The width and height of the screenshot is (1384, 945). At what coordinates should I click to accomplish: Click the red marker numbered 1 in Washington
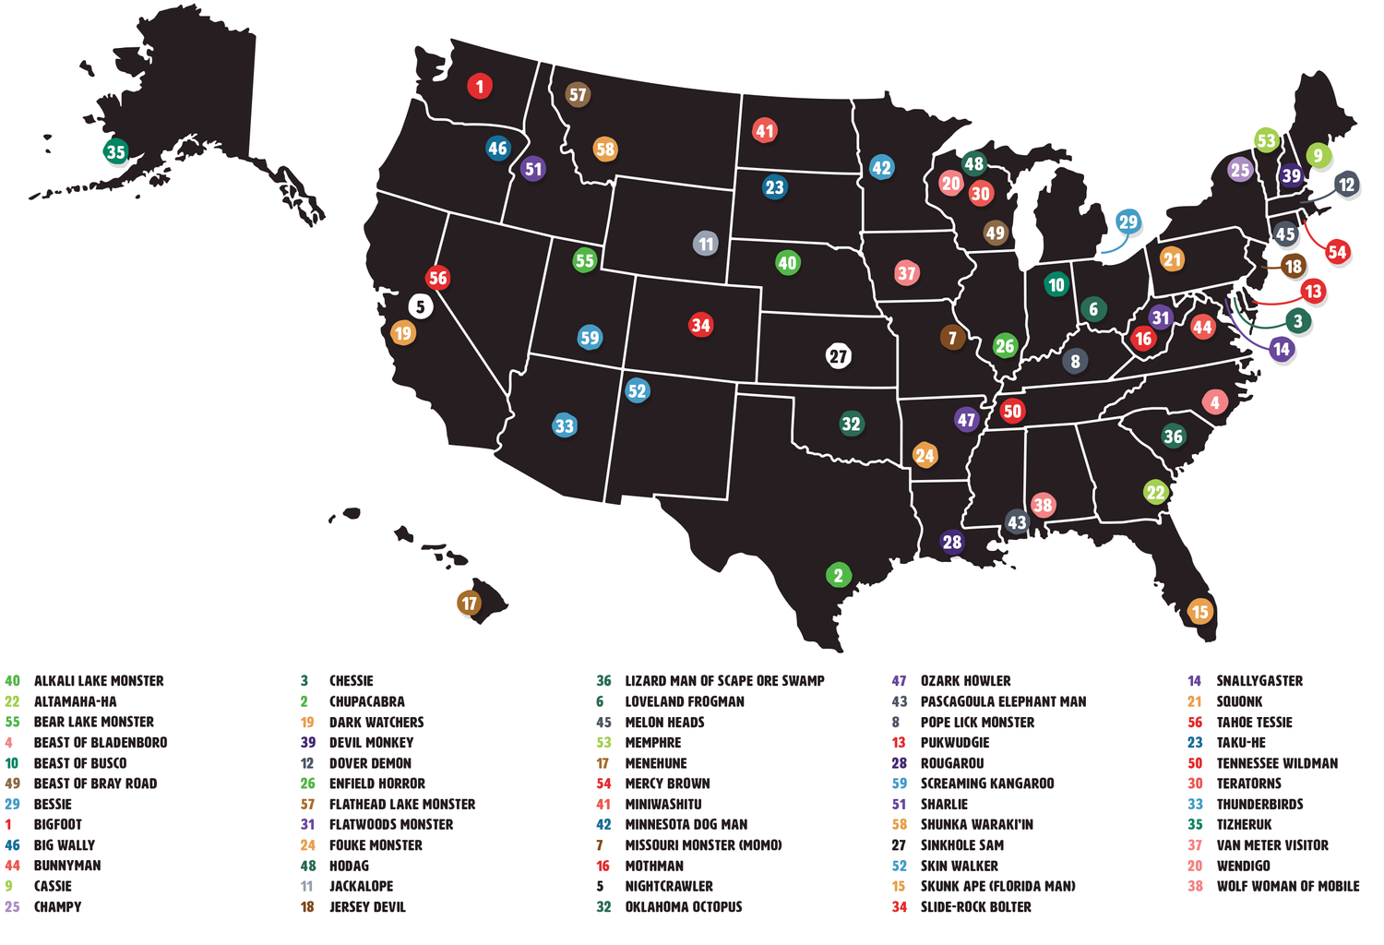click(479, 87)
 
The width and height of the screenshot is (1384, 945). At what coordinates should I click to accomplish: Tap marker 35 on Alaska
click(115, 151)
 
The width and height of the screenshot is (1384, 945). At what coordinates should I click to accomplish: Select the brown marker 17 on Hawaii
click(470, 604)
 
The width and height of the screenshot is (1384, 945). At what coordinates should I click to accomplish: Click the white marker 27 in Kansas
click(838, 356)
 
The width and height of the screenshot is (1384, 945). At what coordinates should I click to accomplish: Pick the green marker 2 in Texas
click(838, 576)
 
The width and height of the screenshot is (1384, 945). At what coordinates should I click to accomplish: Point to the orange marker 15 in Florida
click(1199, 611)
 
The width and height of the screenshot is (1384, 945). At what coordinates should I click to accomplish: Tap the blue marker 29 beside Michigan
click(1127, 221)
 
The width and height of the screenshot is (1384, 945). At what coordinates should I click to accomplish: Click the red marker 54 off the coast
click(1337, 252)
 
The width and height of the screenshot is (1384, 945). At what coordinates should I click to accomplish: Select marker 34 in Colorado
click(701, 325)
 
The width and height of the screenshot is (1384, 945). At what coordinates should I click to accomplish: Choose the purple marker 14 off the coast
click(1281, 349)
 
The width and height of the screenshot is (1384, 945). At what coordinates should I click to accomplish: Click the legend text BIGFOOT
click(57, 824)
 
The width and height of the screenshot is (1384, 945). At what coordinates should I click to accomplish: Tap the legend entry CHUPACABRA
click(366, 701)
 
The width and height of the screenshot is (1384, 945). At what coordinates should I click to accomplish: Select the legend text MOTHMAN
click(654, 866)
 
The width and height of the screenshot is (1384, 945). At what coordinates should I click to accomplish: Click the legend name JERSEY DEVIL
click(367, 906)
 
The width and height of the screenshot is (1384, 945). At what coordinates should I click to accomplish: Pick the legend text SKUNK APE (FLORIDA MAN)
click(997, 886)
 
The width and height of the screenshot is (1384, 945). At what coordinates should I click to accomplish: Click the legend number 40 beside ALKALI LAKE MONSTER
click(12, 681)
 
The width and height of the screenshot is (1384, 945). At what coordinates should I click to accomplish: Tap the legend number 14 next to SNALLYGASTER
click(1194, 681)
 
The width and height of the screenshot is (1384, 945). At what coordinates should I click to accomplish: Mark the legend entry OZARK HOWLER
click(965, 681)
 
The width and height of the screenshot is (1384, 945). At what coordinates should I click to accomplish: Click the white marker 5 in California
click(420, 306)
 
